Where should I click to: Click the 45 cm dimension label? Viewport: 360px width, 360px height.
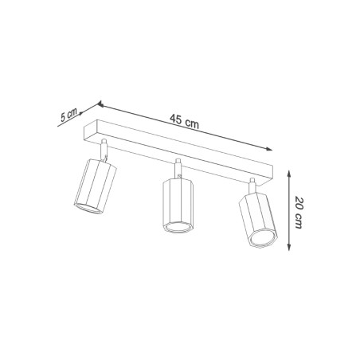pyautogui.click(x=184, y=120)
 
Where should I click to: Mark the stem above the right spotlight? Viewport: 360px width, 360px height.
pyautogui.click(x=252, y=185)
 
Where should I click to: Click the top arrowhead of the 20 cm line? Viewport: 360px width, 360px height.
pyautogui.click(x=285, y=169)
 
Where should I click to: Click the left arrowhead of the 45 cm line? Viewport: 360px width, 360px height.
pyautogui.click(x=101, y=104)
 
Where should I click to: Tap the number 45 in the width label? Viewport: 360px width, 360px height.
pyautogui.click(x=177, y=119)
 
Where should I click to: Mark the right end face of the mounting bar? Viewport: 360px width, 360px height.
pyautogui.click(x=270, y=174)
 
